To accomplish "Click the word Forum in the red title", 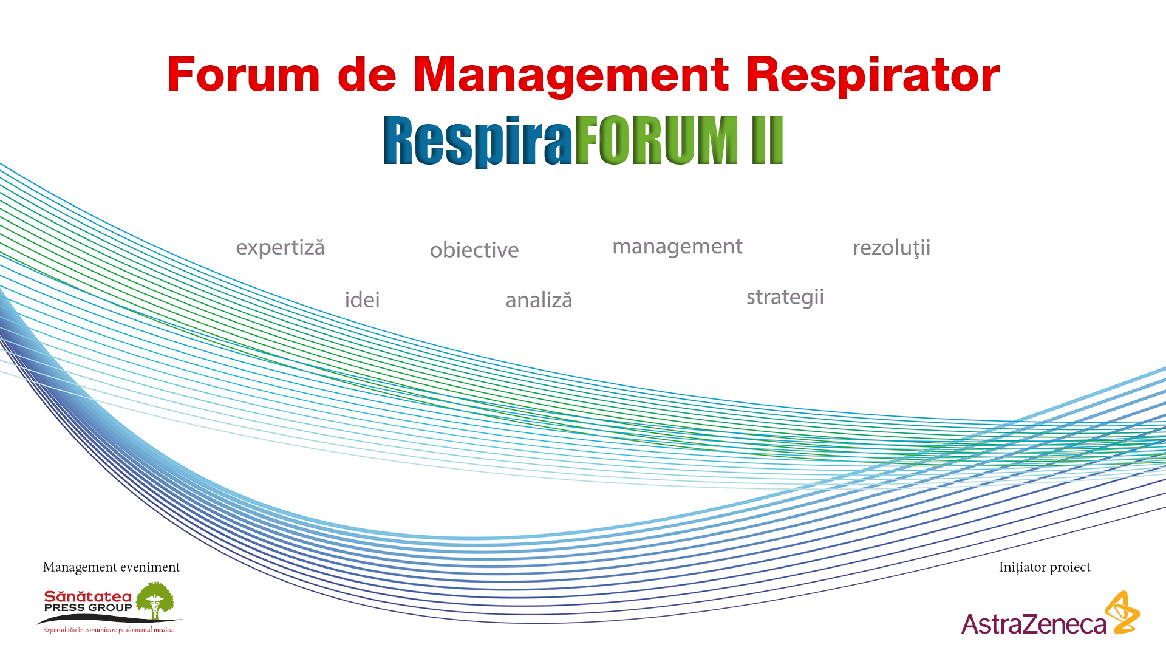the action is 244,75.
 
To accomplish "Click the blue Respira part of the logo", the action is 478,141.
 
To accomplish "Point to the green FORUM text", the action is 656,140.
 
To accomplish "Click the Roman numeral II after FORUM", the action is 768,140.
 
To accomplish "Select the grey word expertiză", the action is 281,248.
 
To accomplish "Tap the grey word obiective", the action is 474,250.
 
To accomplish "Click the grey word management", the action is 677,247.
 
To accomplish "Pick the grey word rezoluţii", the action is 892,248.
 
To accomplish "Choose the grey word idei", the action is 363,299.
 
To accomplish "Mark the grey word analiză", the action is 539,300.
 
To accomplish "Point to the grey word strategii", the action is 785,298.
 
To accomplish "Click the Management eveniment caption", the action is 111,567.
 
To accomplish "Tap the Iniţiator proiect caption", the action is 1045,567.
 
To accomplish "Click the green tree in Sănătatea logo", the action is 155,600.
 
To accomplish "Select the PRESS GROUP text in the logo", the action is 88,608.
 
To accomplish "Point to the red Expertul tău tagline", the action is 109,630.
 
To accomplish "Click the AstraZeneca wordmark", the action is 1034,624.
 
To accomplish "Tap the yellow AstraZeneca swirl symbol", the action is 1122,612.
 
